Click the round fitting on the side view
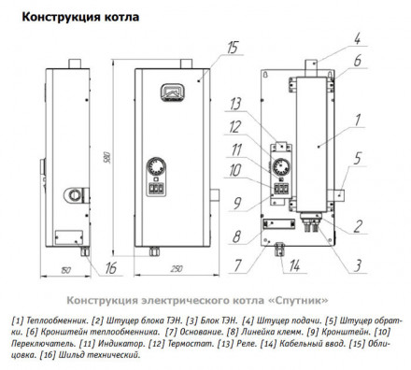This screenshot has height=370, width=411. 72,197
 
